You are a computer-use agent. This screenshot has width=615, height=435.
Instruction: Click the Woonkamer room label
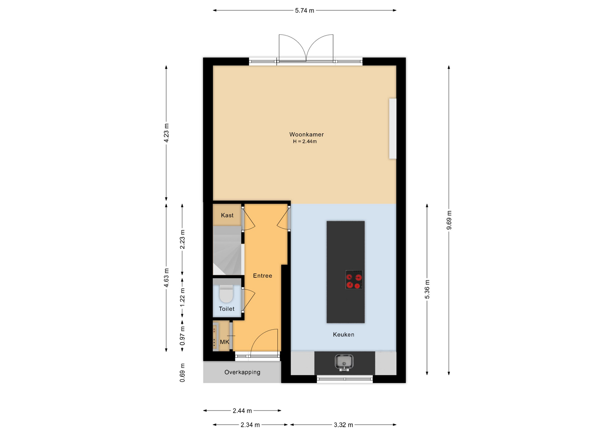pos(307,135)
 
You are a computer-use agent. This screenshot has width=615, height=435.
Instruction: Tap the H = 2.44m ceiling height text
pos(305,142)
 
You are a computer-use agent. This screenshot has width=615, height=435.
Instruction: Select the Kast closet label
pos(227,215)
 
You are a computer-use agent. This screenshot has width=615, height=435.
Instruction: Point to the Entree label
pos(263,276)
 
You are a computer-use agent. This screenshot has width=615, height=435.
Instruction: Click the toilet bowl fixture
pos(226,293)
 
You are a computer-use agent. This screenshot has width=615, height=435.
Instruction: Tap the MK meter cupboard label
pos(225,342)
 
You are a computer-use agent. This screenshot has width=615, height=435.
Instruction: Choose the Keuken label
pos(343,335)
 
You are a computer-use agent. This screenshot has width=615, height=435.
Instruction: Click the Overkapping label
pos(242,372)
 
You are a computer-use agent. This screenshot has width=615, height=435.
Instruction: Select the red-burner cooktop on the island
pos(354,280)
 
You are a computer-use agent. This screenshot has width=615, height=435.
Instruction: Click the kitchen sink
pos(344,362)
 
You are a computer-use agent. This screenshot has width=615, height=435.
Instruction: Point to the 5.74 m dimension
pos(305,11)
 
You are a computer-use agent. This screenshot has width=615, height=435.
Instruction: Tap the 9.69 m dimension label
pos(449,220)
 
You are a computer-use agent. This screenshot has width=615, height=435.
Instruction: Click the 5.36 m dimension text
pos(427,289)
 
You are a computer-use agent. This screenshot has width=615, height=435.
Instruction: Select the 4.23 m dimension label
pos(166,133)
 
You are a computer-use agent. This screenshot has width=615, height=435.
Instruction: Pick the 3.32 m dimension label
pos(343,425)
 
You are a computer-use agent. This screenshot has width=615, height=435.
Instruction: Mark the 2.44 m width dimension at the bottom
pos(242,411)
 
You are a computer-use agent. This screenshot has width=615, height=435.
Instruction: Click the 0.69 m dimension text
pos(182,373)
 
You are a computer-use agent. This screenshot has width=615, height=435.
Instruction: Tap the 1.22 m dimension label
pos(182,297)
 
